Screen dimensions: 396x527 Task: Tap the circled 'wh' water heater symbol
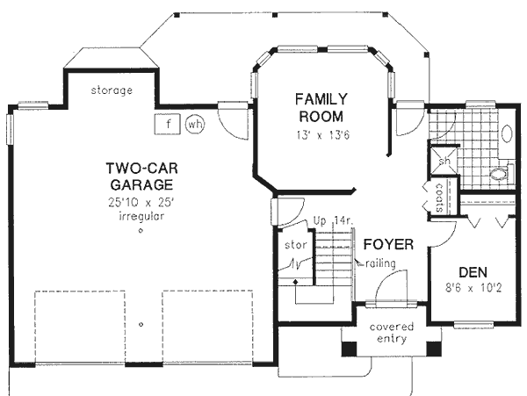tap(194, 125)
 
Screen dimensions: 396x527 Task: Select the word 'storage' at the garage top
tap(112, 90)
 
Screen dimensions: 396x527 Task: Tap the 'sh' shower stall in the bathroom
tap(444, 161)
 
